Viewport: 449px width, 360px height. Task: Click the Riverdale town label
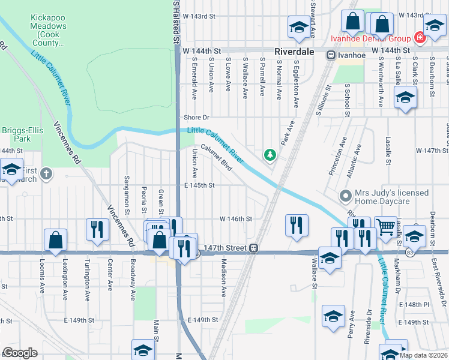click(x=295, y=52)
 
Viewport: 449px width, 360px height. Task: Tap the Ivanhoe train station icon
click(x=331, y=55)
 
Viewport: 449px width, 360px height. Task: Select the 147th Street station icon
click(x=255, y=247)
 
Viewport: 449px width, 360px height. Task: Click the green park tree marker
click(x=270, y=155)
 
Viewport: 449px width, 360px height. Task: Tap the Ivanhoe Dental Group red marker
click(x=420, y=38)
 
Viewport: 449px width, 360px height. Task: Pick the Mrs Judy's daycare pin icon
click(x=345, y=196)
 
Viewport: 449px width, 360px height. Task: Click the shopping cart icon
click(x=385, y=226)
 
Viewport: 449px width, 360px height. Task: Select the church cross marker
click(x=46, y=175)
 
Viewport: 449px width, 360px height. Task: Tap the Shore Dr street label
click(x=197, y=118)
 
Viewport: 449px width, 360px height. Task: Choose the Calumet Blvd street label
click(x=216, y=156)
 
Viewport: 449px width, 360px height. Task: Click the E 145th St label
click(x=199, y=185)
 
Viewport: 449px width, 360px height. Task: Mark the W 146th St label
click(x=235, y=220)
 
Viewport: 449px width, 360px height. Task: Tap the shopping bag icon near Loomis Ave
click(x=55, y=239)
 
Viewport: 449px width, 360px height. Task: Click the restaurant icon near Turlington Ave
click(x=96, y=229)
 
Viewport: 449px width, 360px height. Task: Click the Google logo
click(x=20, y=353)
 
